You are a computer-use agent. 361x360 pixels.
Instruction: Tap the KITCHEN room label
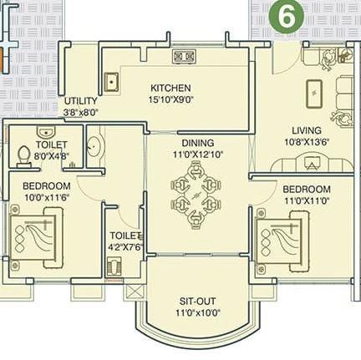point(170,88)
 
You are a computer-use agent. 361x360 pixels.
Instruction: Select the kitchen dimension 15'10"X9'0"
point(170,99)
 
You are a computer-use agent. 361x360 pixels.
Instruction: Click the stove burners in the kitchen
point(184,57)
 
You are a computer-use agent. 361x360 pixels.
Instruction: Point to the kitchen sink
point(111,82)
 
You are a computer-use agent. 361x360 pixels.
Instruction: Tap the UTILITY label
point(81,101)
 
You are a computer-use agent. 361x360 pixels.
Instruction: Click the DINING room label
point(197,143)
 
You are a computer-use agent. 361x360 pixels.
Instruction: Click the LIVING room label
point(307,130)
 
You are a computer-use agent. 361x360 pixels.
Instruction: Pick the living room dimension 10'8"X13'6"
point(307,141)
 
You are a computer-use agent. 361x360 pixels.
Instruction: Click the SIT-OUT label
point(198,302)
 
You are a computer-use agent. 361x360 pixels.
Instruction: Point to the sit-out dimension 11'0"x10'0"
point(198,313)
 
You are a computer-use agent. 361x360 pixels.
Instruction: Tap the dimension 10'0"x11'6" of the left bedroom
point(45,196)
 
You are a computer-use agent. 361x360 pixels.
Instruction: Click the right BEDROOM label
point(307,190)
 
